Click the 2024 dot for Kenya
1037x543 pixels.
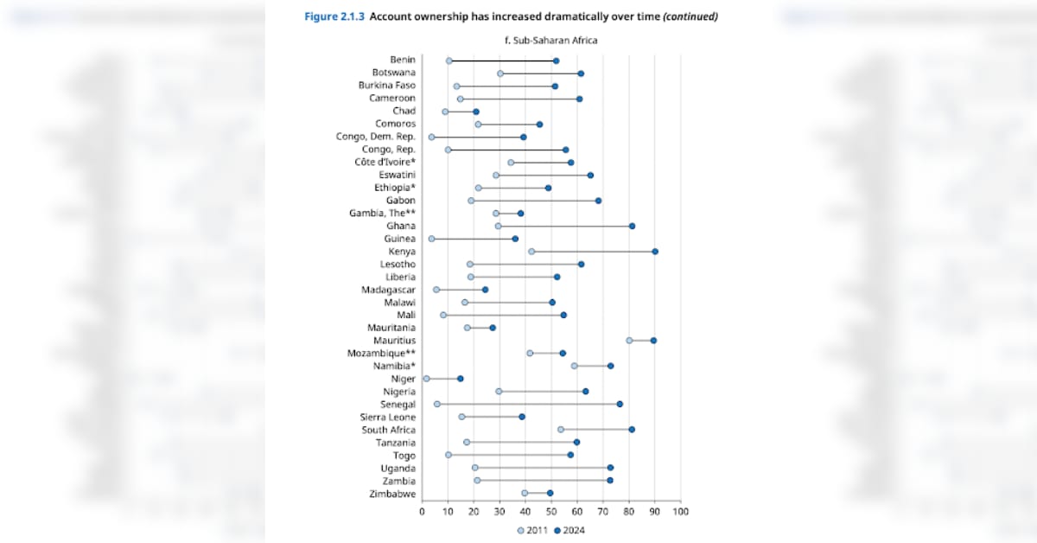[x=655, y=252]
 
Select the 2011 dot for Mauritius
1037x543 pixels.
[x=629, y=341]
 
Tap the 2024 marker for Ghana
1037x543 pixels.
[x=632, y=226]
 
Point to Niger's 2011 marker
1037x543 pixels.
[x=426, y=379]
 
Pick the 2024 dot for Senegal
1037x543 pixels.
[x=620, y=404]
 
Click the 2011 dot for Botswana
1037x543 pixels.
[x=500, y=73]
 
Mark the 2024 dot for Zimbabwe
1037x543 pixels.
[x=550, y=493]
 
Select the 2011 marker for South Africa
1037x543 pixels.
[x=561, y=430]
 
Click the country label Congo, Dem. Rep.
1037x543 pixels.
[x=375, y=137]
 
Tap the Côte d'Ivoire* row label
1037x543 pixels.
[x=385, y=162]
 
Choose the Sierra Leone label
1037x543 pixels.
[x=388, y=417]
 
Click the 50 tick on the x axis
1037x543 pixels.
[x=551, y=512]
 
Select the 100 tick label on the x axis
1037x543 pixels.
[x=680, y=512]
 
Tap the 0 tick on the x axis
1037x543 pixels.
[x=422, y=512]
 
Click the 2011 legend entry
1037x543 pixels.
[x=533, y=531]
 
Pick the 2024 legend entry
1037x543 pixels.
[x=569, y=531]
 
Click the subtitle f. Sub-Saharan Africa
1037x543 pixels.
[x=551, y=40]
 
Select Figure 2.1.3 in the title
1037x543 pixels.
[x=334, y=16]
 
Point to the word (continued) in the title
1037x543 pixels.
[x=690, y=16]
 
